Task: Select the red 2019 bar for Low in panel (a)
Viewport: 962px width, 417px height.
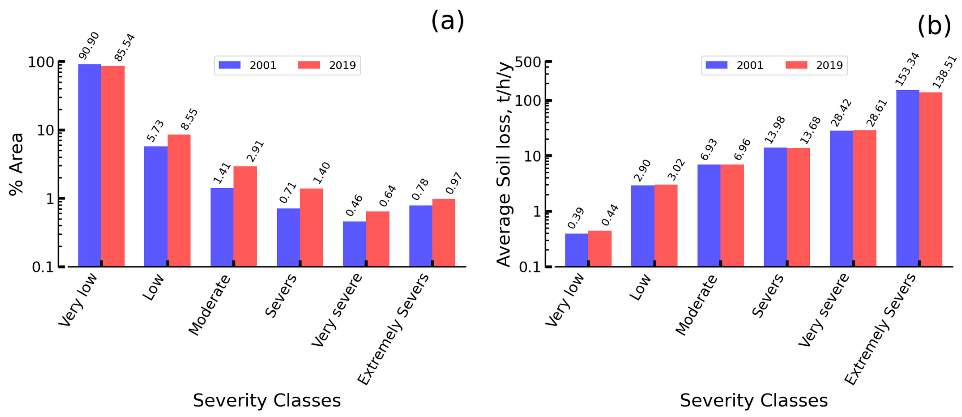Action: pos(179,200)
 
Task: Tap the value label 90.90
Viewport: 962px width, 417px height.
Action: pos(89,46)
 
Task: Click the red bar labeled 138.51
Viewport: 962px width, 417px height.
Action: pos(931,179)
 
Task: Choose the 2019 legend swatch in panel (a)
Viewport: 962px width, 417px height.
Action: pos(309,65)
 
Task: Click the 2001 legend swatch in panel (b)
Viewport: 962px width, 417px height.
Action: pos(716,65)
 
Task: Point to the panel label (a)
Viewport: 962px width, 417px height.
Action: pos(447,21)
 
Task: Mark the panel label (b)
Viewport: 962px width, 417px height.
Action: pos(934,26)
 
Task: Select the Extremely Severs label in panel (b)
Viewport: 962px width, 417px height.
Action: pos(880,329)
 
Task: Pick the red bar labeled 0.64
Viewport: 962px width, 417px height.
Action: pos(377,239)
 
